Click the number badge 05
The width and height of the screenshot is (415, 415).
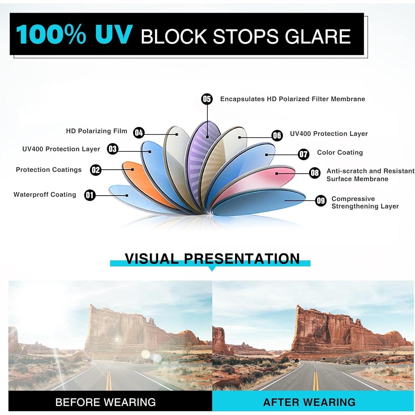coord(207,99)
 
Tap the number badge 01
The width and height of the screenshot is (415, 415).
coord(90,195)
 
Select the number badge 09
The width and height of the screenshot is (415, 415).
coord(320,201)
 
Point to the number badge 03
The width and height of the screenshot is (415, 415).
coord(113,149)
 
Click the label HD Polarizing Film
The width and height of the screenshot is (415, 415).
coord(97,131)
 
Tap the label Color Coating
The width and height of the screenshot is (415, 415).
coord(340,153)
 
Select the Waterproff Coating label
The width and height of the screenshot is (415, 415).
coord(45,194)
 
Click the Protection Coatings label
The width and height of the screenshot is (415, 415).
coord(49,170)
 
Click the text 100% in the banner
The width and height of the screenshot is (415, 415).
coord(51,35)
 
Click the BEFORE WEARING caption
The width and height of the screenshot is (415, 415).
coord(105,402)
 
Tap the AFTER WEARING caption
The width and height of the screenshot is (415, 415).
coord(309,402)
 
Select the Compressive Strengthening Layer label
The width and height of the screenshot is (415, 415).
coord(365,203)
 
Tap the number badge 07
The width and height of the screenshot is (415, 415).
coord(303,154)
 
